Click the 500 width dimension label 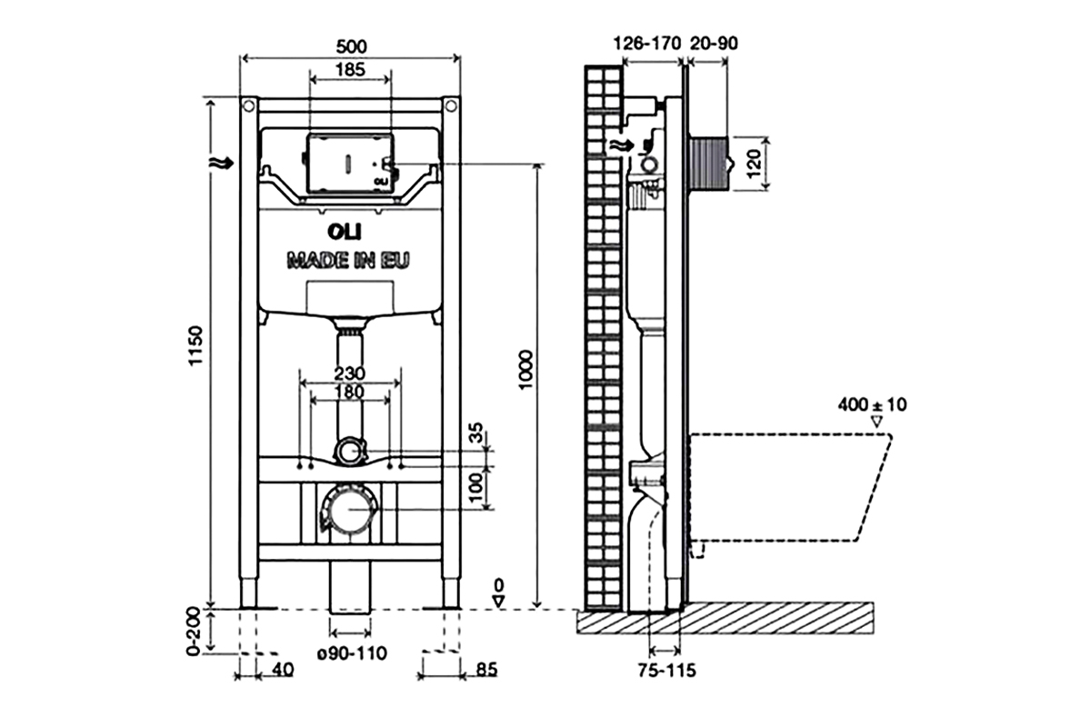click(351, 46)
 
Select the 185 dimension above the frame click(350, 70)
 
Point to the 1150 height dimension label click(195, 345)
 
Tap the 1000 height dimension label click(526, 369)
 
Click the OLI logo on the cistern click(345, 233)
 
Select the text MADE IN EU click(347, 260)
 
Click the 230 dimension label click(349, 373)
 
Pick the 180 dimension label click(350, 392)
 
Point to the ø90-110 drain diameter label click(352, 653)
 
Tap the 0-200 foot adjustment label click(194, 631)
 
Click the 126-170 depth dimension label click(646, 44)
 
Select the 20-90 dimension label click(714, 44)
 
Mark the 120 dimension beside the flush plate click(754, 164)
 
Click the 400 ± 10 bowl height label click(872, 404)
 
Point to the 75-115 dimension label click(666, 671)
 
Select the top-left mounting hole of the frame click(248, 105)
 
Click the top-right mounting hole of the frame click(452, 105)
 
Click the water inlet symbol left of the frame click(222, 164)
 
